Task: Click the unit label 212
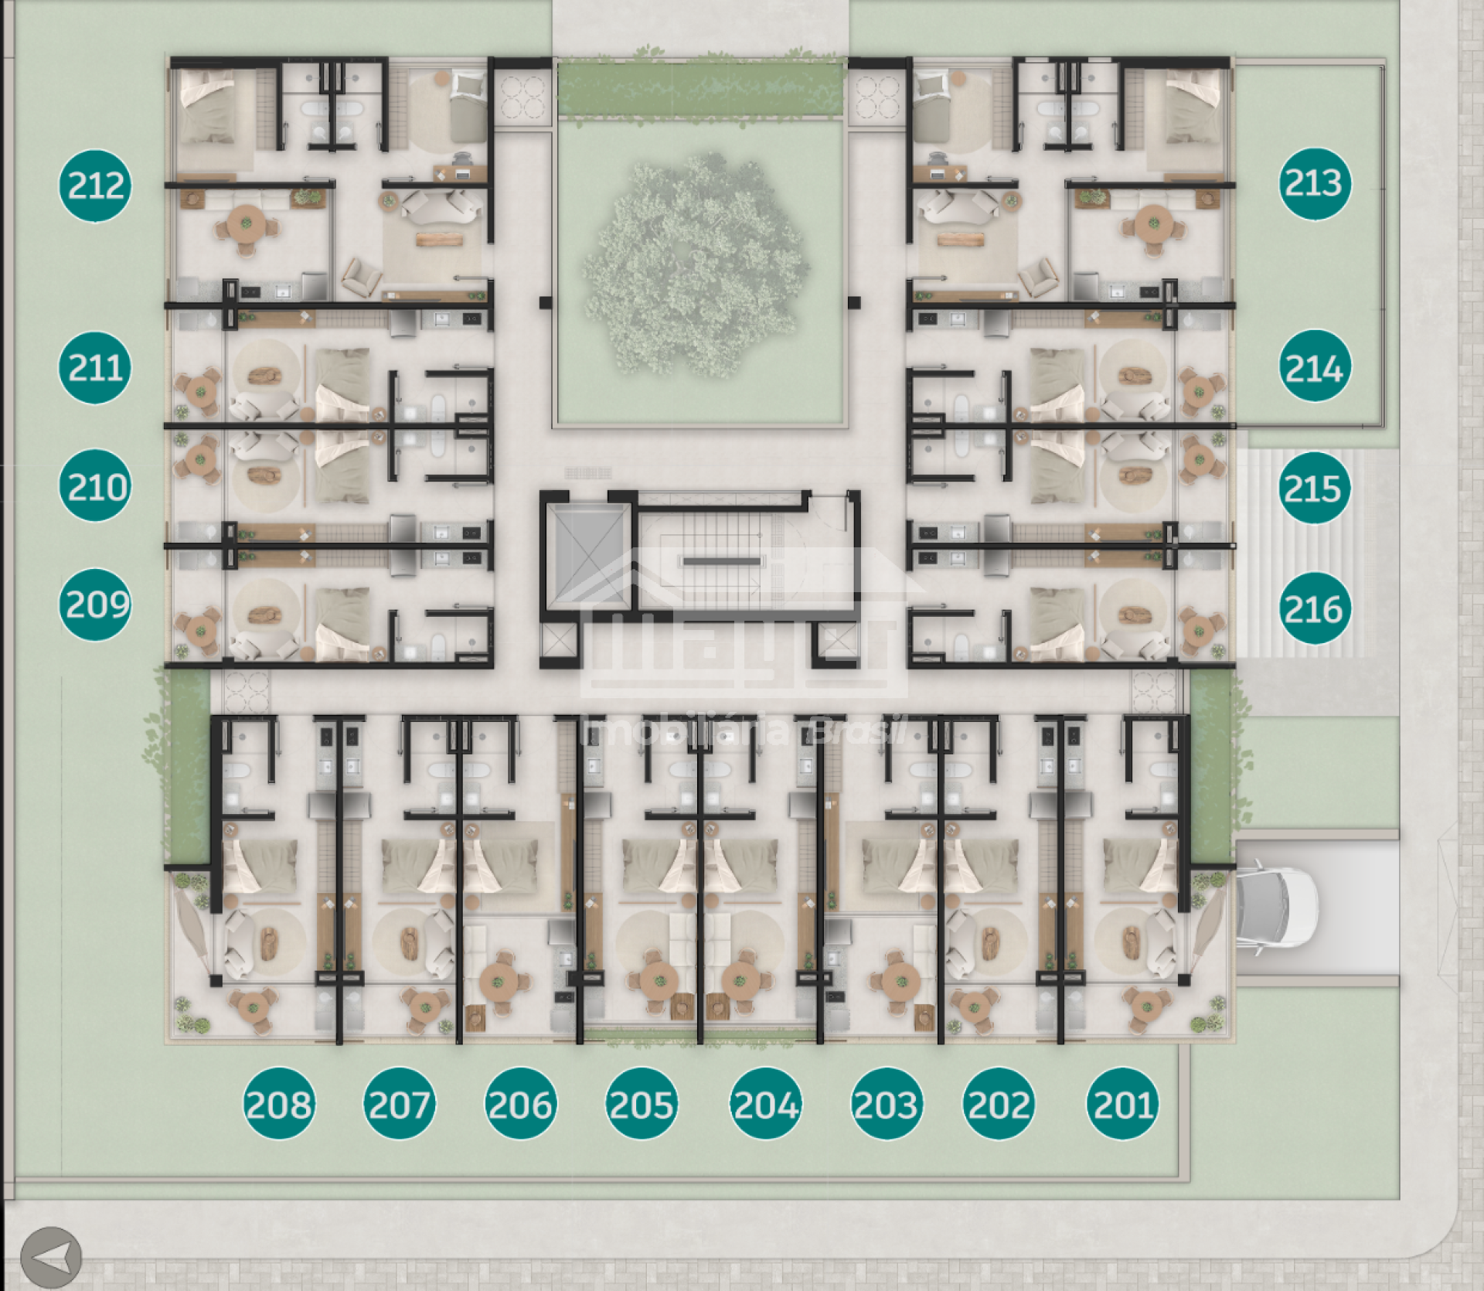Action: [95, 186]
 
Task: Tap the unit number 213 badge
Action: [1315, 183]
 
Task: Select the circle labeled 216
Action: [1315, 608]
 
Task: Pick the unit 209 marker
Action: [95, 605]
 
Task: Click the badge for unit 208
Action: [279, 1103]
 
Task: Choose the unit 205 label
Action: [642, 1103]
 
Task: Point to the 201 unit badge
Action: [1123, 1103]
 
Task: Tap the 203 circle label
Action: [887, 1103]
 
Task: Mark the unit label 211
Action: [95, 367]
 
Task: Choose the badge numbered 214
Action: [1315, 366]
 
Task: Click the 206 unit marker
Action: [521, 1103]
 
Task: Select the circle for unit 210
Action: [95, 485]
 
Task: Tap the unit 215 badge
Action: [1315, 487]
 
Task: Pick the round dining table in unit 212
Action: [247, 224]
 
